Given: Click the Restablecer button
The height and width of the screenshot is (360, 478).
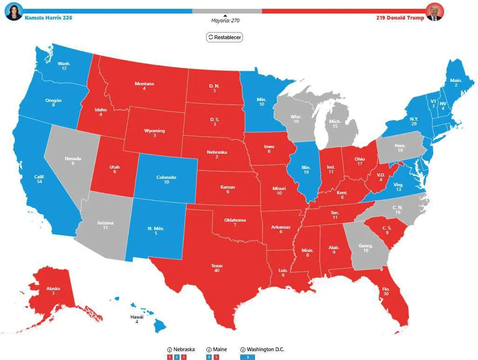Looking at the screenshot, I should coord(224,37).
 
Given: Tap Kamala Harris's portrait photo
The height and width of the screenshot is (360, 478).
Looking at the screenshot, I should coord(13,11).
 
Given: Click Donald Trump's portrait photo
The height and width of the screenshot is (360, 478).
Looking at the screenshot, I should coord(434,12).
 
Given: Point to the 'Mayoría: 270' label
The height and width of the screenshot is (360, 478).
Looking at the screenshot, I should coord(225,20).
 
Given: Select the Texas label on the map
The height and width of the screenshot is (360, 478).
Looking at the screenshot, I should coord(217,268).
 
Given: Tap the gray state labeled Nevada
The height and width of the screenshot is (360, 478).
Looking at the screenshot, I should coord(73,161).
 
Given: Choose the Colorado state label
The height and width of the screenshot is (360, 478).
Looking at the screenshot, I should coord(166,180).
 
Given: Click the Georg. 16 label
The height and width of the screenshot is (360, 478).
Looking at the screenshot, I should coord(366,248).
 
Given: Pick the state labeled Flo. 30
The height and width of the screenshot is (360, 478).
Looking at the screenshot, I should coord(386,292).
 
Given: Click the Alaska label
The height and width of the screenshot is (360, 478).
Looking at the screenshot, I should coord(53,291).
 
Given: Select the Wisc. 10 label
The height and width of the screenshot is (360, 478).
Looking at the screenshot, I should coord(296,119).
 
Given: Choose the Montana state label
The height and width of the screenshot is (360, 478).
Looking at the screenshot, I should coord(144,86).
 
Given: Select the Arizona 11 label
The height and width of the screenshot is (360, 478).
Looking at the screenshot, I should coord(105,225).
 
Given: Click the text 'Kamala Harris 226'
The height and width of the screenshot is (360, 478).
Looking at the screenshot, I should coord(48,18).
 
